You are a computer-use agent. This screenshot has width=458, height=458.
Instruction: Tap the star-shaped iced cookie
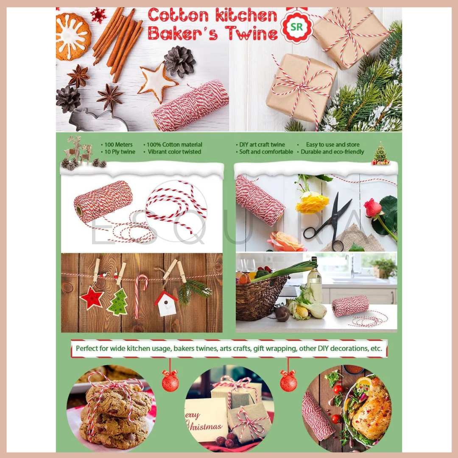(157, 82)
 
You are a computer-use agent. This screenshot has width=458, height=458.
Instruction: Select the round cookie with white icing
(73, 36)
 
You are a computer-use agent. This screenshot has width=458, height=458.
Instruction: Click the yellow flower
(312, 202)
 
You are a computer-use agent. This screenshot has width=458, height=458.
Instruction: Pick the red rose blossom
(373, 207)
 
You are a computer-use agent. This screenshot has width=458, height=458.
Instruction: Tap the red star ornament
(92, 298)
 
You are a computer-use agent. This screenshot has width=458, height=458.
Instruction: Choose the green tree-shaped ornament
(118, 302)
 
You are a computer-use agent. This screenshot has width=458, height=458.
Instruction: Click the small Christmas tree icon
(380, 154)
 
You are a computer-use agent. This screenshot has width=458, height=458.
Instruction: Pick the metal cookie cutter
(98, 120)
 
